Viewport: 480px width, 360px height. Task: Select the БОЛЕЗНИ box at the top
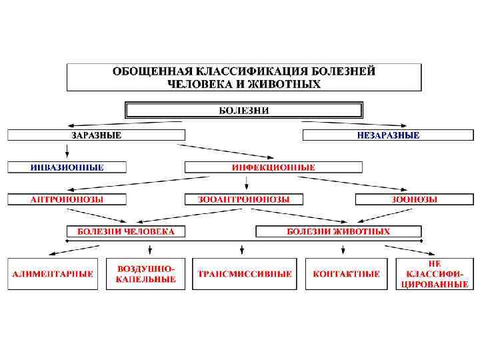tap(244, 110)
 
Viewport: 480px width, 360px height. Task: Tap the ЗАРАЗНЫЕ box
tap(96, 135)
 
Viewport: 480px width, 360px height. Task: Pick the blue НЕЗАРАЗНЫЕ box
tap(388, 135)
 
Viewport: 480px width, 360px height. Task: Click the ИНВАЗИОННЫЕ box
tap(67, 167)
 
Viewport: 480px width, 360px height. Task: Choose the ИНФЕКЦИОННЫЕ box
tap(273, 167)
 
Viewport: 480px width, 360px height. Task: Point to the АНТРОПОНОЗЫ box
tap(67, 199)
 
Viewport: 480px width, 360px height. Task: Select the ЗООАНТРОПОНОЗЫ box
tap(243, 199)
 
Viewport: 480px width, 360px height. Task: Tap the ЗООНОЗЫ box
tap(414, 199)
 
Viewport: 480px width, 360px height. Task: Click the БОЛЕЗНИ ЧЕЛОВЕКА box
tap(126, 231)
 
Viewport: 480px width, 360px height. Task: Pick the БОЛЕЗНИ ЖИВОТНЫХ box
tap(339, 231)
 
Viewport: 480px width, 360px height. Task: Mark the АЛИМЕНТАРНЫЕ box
tap(53, 274)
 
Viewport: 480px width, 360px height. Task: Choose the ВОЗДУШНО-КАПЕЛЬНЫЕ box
tap(146, 274)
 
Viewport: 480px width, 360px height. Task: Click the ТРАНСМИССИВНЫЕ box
tap(244, 274)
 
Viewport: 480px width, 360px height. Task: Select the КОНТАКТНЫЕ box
tap(347, 274)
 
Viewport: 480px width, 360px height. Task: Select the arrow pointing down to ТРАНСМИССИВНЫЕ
tap(241, 249)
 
